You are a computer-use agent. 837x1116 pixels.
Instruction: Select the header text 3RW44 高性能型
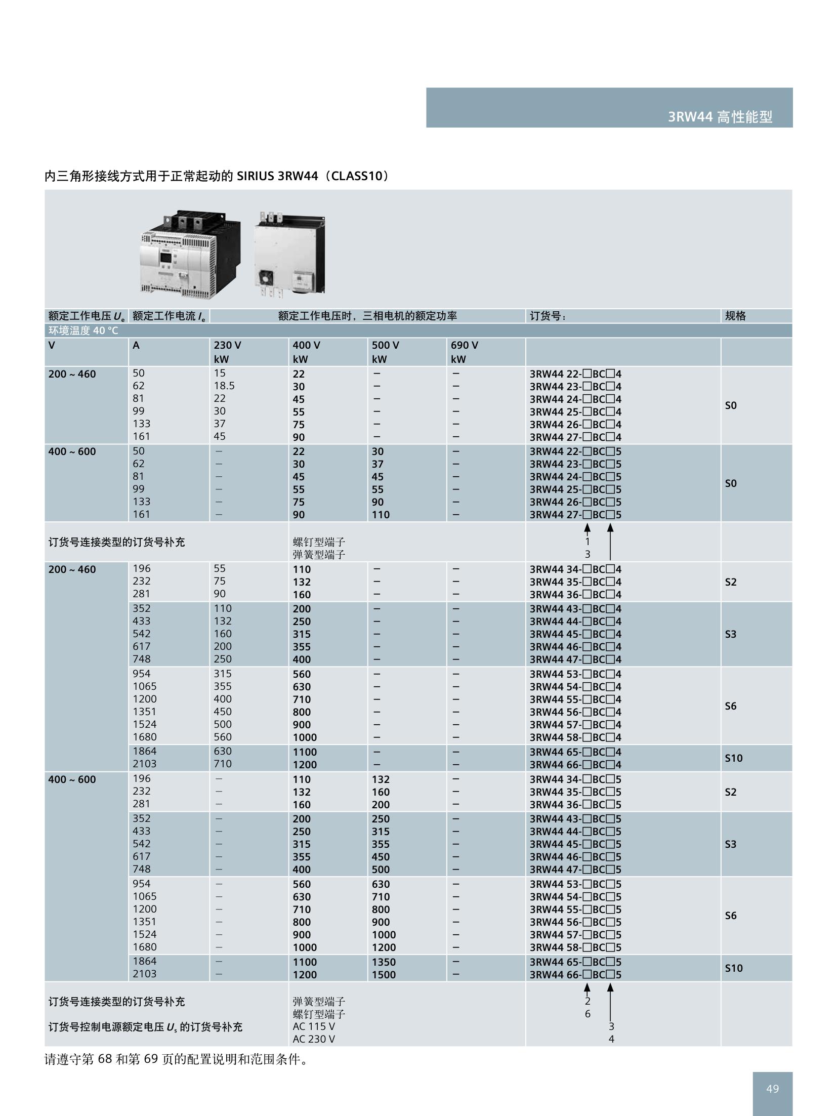click(x=720, y=117)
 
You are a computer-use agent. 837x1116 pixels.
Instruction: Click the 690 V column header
click(x=464, y=345)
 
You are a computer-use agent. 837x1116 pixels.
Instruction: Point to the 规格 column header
click(x=735, y=316)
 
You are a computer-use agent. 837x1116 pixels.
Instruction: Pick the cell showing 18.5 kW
click(x=224, y=386)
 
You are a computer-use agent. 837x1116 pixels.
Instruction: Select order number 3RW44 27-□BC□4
click(x=575, y=437)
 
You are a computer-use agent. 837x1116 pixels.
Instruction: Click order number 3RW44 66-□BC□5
click(x=575, y=974)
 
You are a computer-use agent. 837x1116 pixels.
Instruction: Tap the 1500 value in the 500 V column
click(x=384, y=974)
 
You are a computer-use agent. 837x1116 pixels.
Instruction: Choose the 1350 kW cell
click(x=384, y=962)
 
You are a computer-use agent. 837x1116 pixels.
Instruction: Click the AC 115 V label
click(x=314, y=1026)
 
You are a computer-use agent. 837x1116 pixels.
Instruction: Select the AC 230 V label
click(x=314, y=1039)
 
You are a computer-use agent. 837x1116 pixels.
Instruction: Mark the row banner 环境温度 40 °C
click(x=83, y=330)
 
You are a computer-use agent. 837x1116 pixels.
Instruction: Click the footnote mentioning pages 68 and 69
click(x=176, y=1059)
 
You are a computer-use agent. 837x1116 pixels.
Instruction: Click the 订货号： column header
click(x=548, y=316)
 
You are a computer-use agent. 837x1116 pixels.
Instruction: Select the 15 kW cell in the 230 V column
click(x=220, y=373)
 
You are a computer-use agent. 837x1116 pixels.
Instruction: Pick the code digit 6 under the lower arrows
click(x=588, y=1014)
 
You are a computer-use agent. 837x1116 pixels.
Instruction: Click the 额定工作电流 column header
click(x=169, y=316)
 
